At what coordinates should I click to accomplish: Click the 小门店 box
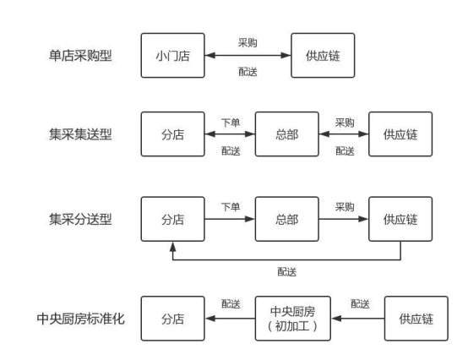[x=173, y=56]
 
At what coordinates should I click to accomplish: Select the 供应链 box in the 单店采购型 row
[x=323, y=56]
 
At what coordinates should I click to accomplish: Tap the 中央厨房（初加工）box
[x=293, y=319]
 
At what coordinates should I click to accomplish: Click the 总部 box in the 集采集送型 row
[x=287, y=134]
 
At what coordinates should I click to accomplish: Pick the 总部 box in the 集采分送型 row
[x=287, y=219]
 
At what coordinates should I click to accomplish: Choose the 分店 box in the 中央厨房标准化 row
[x=173, y=319]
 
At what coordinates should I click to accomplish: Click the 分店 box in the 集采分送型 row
[x=173, y=219]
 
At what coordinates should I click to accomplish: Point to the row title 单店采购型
[x=80, y=56]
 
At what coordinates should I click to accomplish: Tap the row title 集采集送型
[x=80, y=134]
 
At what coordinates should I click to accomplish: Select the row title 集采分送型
[x=80, y=219]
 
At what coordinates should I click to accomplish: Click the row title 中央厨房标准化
[x=80, y=319]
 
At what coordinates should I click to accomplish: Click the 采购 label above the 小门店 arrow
[x=248, y=42]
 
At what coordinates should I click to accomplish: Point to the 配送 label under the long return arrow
[x=287, y=271]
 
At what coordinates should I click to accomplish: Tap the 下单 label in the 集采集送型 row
[x=231, y=123]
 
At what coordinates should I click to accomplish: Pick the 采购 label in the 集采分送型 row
[x=345, y=206]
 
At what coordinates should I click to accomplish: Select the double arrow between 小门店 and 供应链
[x=248, y=56]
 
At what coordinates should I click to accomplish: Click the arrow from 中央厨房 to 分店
[x=230, y=319]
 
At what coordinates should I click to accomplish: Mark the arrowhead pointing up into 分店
[x=173, y=247]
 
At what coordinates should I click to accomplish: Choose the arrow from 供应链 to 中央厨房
[x=358, y=319]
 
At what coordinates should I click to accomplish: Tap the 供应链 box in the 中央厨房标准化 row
[x=416, y=319]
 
